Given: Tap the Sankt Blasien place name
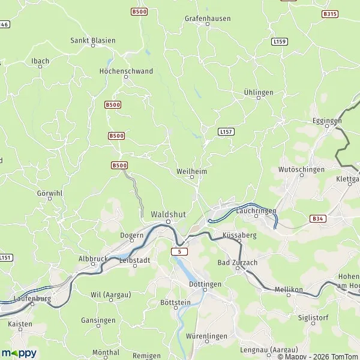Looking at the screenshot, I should (93, 40).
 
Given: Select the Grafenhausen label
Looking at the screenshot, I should (207, 19).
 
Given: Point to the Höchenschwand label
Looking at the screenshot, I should (126, 71).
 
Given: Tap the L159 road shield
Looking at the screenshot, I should (279, 41).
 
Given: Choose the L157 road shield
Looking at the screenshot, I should (226, 131).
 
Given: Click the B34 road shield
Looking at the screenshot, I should (318, 220).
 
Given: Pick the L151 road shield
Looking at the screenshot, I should (5, 257).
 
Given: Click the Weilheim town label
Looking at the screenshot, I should (192, 170).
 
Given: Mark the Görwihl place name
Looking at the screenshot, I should (50, 193).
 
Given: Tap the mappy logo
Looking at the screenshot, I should (19, 353).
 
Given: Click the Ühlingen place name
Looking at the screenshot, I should (259, 92).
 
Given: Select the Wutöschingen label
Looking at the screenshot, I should (298, 170).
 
